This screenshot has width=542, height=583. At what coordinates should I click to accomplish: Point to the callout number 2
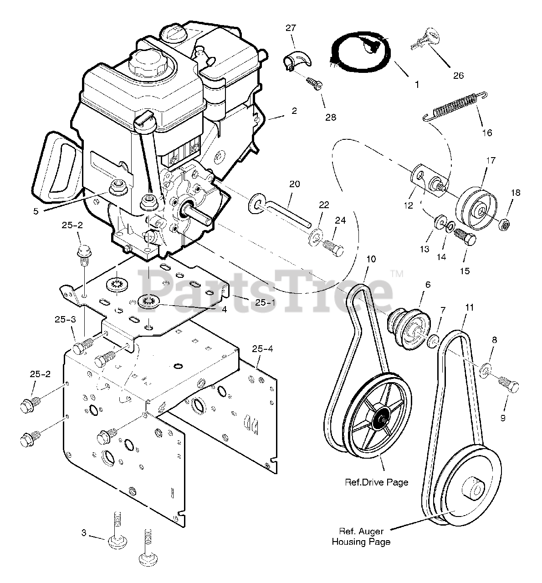click(x=294, y=111)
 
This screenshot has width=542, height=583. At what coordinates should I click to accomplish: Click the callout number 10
click(x=371, y=259)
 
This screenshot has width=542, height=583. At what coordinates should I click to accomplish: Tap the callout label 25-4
click(x=263, y=349)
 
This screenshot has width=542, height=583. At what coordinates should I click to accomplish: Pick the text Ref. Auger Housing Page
click(x=361, y=537)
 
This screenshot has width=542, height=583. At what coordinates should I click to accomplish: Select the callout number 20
click(x=295, y=184)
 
